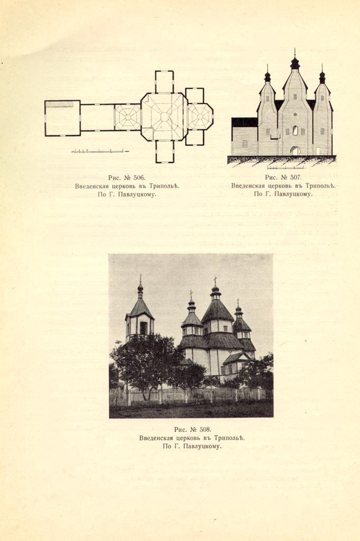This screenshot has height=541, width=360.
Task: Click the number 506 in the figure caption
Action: point(139,178)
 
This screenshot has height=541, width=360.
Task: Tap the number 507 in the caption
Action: point(296,178)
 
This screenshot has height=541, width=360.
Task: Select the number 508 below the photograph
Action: point(205,430)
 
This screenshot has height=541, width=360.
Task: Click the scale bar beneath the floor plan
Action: point(100,151)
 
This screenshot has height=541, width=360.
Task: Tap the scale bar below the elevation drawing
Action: point(286,168)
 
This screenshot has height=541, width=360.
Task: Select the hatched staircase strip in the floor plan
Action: point(59,104)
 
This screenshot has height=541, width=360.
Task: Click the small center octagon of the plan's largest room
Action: point(164,117)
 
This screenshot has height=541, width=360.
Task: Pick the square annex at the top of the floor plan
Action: point(164,82)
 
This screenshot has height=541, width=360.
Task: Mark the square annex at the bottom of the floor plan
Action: point(165,152)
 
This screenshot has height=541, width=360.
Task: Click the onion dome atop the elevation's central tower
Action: point(295,63)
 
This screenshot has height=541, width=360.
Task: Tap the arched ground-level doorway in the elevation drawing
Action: point(295,151)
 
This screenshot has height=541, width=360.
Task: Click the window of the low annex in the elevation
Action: point(245,144)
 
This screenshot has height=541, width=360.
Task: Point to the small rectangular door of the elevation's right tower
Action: point(318,151)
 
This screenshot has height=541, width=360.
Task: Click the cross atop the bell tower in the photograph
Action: point(140,278)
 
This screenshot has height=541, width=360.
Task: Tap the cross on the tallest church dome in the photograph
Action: point(215,280)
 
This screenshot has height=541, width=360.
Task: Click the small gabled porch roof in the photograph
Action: point(235,358)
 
